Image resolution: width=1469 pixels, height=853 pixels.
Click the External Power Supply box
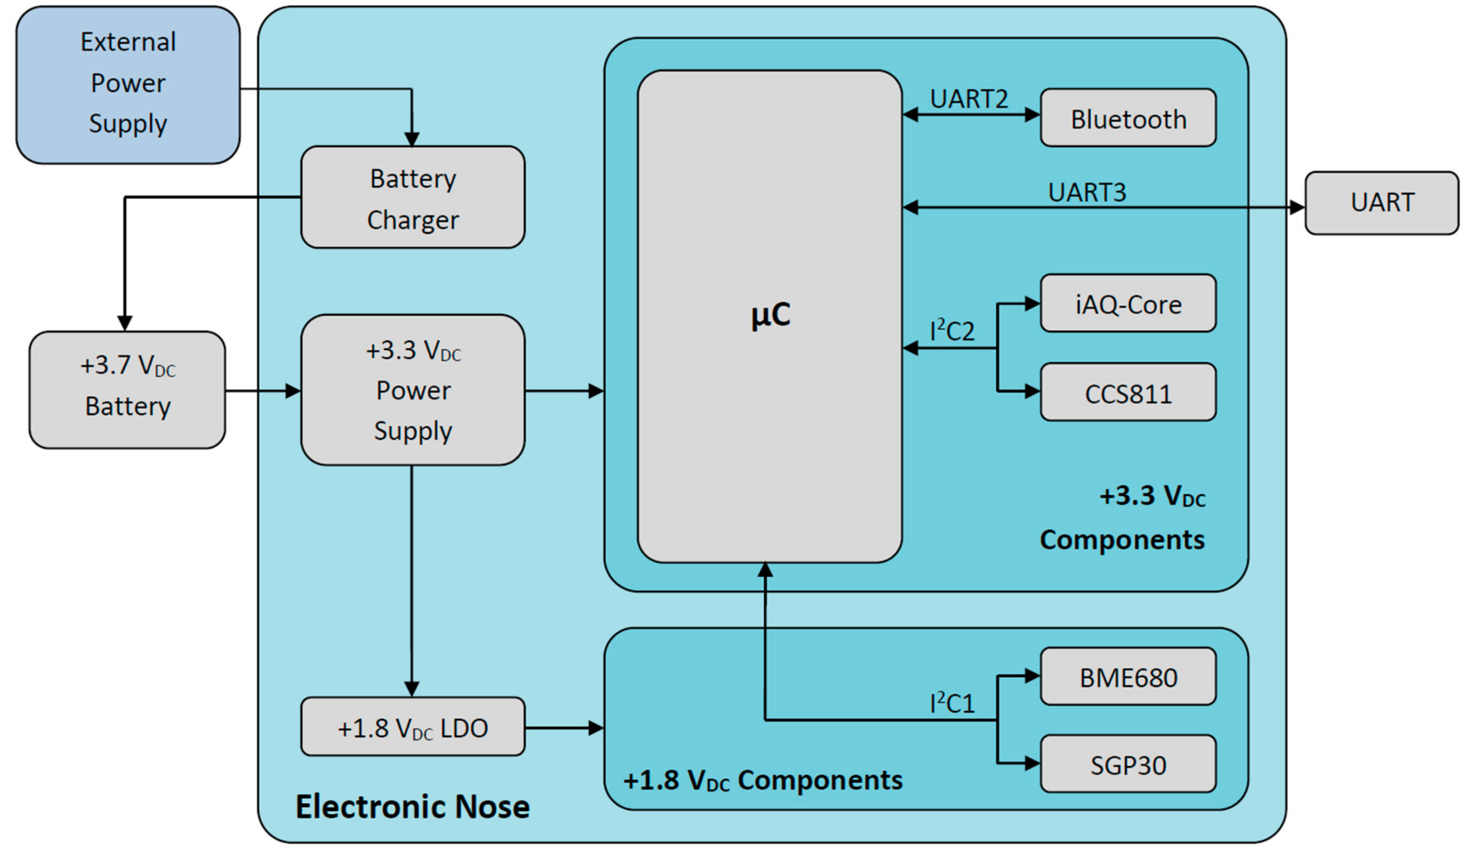click(128, 85)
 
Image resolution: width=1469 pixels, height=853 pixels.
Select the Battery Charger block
click(413, 198)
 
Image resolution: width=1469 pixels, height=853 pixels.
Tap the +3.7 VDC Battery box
click(127, 389)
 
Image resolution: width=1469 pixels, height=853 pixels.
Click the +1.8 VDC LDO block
click(413, 727)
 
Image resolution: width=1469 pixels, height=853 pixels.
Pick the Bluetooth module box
click(1127, 118)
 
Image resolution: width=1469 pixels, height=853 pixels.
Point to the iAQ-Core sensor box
click(1127, 304)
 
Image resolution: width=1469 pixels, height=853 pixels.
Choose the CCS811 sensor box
click(1127, 393)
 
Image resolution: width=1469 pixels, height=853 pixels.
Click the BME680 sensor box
click(1127, 677)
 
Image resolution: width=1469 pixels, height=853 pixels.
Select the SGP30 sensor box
click(1127, 764)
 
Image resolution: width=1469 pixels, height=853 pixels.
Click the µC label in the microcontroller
click(770, 315)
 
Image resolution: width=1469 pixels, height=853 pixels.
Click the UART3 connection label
click(1087, 192)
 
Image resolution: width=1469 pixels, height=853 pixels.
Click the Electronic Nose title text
click(412, 806)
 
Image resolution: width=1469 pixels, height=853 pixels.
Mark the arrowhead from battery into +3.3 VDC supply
click(293, 391)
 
